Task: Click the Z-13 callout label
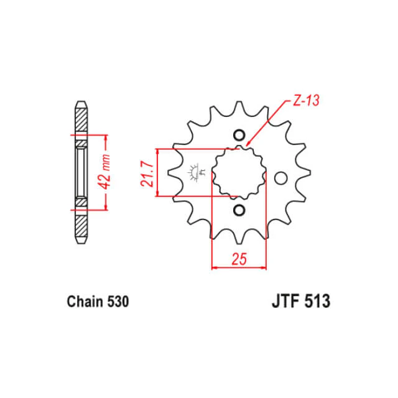coord(306,101)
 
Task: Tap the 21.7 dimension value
coord(147,174)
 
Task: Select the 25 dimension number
coord(239,259)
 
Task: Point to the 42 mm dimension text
coord(105,172)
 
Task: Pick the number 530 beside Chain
coord(118,302)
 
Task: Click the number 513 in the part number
coord(317,301)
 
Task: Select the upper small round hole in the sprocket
coord(239,135)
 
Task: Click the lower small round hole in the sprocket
coord(239,210)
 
